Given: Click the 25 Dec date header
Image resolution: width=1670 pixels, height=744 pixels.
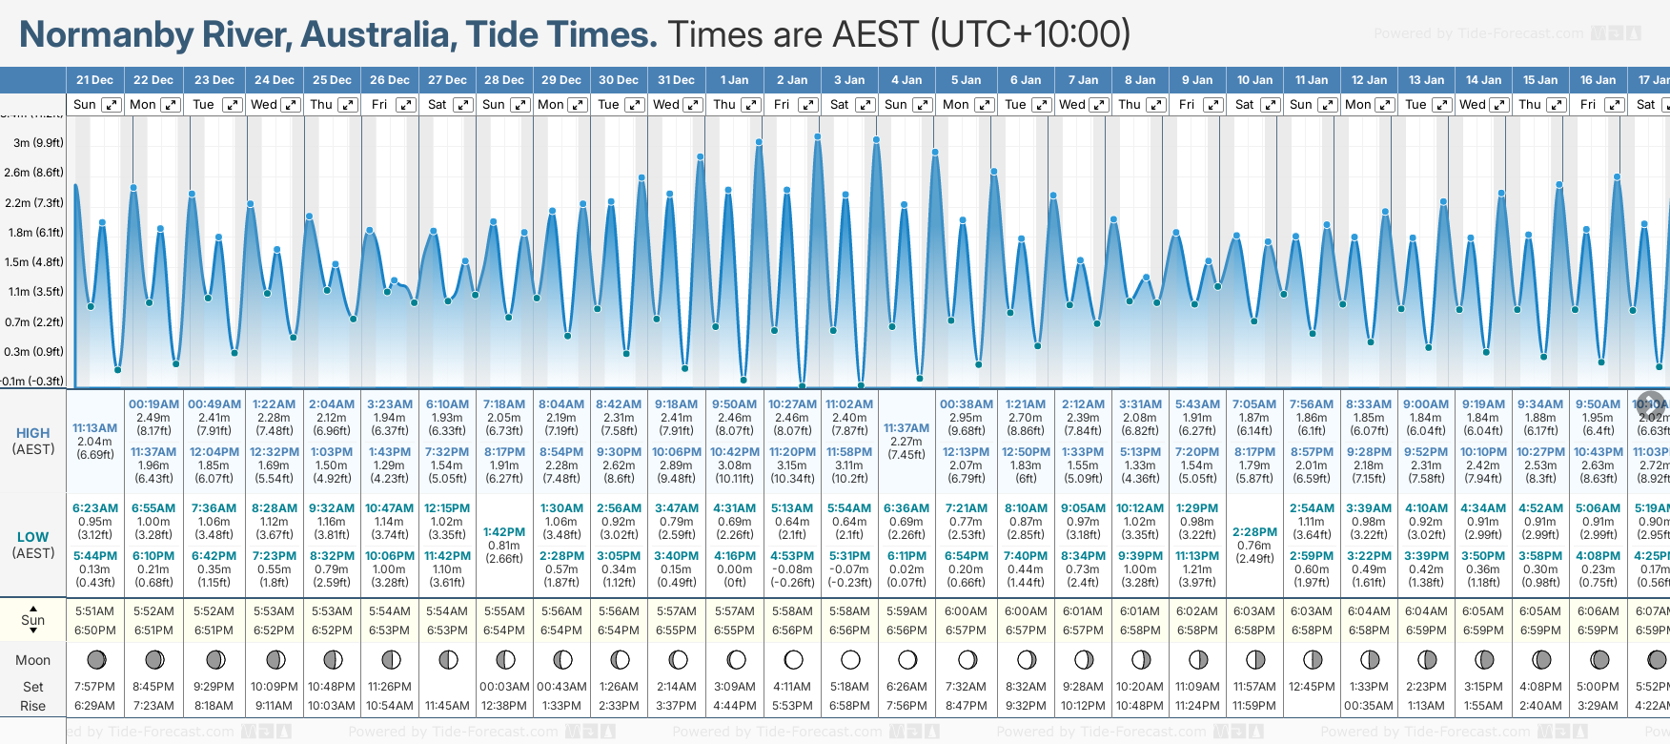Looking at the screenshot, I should [332, 80].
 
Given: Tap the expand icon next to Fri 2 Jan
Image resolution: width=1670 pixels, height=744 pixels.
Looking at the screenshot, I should [808, 105].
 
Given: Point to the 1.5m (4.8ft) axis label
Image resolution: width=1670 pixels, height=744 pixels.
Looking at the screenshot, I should [33, 262].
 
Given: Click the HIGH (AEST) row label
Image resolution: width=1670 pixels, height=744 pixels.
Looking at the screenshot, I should [33, 441].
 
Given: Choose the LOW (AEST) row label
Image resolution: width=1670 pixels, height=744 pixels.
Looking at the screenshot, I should [33, 545].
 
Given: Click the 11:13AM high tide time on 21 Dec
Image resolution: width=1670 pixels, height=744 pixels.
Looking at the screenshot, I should [94, 428].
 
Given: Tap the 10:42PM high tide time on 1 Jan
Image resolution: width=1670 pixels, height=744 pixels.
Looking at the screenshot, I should [734, 452].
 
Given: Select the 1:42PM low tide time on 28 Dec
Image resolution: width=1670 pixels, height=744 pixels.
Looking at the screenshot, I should [504, 532].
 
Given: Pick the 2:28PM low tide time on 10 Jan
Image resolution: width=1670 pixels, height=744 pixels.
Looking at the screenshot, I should [1254, 532].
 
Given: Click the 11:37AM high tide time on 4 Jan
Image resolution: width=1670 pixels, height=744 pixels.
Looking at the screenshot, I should [906, 428].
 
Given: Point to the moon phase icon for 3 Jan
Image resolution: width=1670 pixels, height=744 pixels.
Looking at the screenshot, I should [850, 660].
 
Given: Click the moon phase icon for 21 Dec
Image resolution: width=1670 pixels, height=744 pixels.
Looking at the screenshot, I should [95, 660].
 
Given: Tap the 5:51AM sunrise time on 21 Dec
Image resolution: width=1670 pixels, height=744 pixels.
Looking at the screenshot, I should [94, 611].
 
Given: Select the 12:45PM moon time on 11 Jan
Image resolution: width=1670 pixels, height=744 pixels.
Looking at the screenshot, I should [1312, 687].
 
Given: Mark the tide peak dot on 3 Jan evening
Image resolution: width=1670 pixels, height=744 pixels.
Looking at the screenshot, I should [845, 195].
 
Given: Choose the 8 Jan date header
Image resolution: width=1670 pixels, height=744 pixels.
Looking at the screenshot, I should [1140, 80].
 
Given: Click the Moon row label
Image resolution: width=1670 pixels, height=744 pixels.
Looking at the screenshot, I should [32, 660].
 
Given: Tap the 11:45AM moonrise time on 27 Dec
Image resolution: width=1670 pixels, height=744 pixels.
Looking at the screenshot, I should [447, 706].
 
